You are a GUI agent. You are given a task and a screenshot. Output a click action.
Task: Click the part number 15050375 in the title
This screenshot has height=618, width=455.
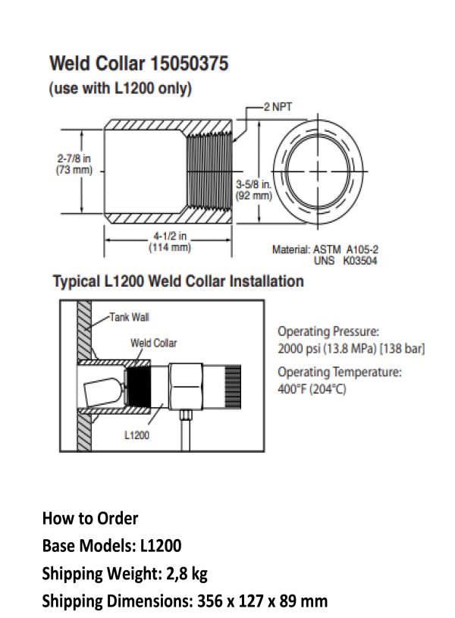tap(190, 64)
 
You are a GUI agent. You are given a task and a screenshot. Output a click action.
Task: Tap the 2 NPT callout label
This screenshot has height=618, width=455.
tap(278, 107)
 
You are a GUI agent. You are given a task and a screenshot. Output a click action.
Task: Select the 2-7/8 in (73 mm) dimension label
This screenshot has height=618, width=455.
tap(74, 164)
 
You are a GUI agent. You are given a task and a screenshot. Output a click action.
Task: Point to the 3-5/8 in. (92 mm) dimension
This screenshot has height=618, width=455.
tap(254, 190)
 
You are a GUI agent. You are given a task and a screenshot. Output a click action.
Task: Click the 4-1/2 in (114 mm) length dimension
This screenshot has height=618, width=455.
tap(170, 242)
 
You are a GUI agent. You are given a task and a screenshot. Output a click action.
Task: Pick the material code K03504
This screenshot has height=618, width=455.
tap(360, 261)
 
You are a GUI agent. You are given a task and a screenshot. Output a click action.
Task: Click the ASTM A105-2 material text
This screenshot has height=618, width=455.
tap(345, 249)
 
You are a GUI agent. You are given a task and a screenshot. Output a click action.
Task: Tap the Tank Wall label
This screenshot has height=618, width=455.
tap(130, 317)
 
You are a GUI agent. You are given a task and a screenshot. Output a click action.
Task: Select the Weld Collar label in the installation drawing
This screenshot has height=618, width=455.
tap(154, 343)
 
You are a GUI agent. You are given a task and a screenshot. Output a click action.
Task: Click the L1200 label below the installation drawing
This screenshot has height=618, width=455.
tap(136, 435)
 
